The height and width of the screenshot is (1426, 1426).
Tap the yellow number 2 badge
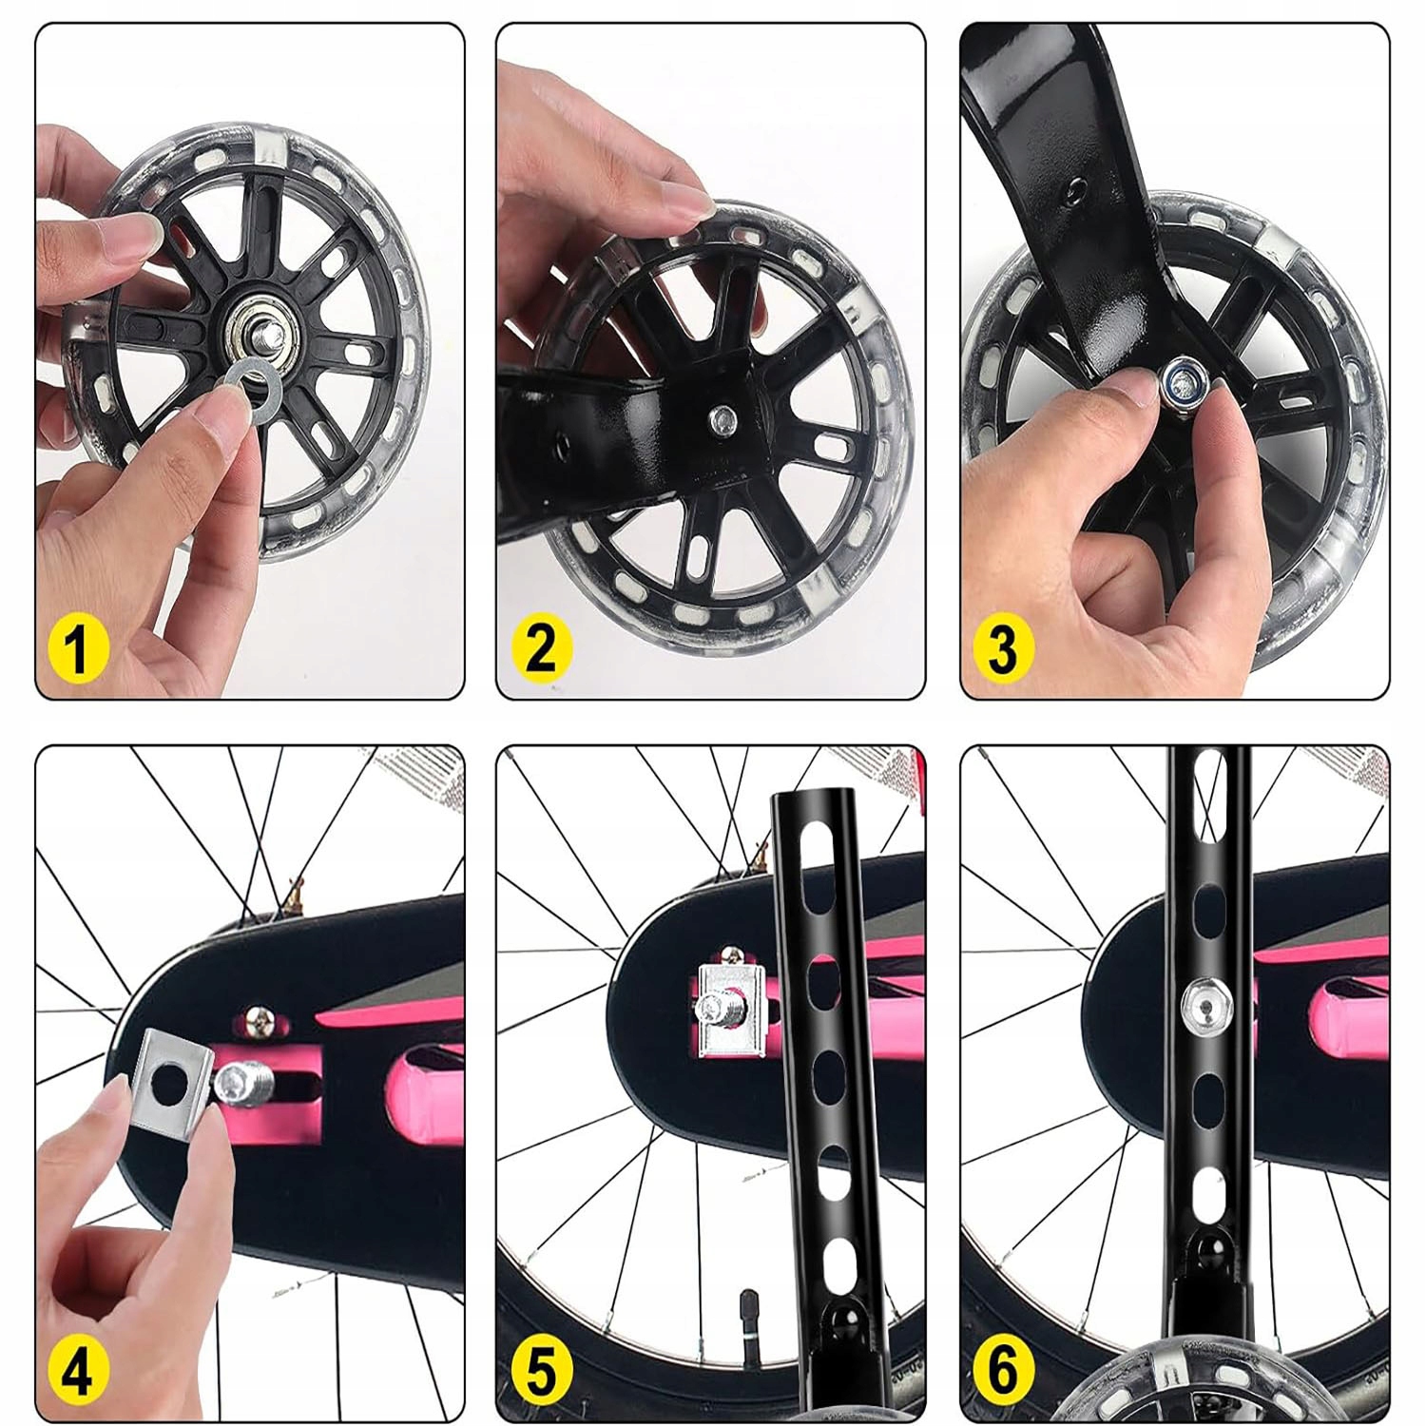[x=541, y=648]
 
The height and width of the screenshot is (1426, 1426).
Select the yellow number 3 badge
[x=1002, y=648]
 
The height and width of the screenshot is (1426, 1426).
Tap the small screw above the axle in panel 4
[x=256, y=1023]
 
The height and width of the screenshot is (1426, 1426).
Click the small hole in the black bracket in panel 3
[x=1075, y=187]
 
